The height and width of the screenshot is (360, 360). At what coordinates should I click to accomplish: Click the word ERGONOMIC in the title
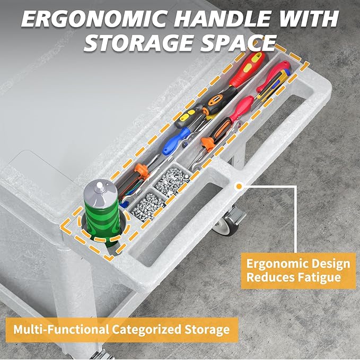[93, 19]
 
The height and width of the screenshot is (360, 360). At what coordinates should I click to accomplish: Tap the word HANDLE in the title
[220, 19]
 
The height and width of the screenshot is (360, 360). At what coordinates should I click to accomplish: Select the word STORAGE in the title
[138, 43]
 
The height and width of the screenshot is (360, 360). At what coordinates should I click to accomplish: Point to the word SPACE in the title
[238, 43]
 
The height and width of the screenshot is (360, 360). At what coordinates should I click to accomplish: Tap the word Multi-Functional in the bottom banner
[61, 329]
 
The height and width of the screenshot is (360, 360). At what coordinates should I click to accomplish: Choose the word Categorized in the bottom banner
[147, 329]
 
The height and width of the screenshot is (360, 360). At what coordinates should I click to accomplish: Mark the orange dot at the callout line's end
[239, 186]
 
